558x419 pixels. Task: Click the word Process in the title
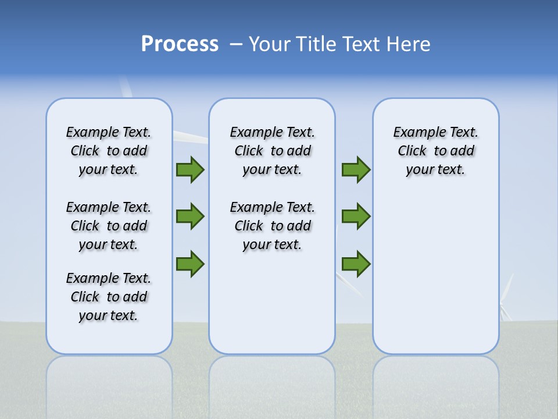point(180,44)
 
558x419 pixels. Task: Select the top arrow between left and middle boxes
point(190,170)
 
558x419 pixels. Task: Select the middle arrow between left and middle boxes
point(190,216)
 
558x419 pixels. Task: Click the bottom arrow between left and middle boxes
point(190,263)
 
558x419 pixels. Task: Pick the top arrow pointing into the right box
point(356,170)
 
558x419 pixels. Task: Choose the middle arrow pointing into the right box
point(356,216)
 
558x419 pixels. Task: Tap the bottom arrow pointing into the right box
point(356,264)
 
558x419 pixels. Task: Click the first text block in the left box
point(109,151)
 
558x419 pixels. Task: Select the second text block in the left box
point(109,226)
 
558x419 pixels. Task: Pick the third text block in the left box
point(109,297)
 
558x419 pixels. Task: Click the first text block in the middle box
point(272,151)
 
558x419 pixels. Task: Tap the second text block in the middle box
point(272,226)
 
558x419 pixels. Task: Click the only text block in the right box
point(435,151)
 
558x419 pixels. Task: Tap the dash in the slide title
point(236,44)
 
